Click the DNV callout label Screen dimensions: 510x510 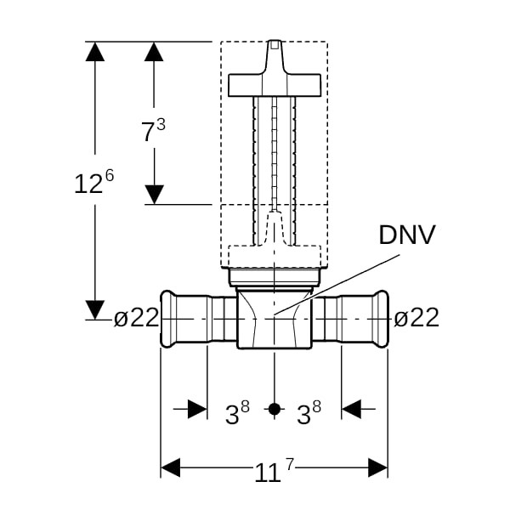(406, 235)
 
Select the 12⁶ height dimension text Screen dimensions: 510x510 (94, 182)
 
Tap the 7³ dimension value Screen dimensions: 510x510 (153, 130)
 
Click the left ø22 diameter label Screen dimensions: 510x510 (136, 317)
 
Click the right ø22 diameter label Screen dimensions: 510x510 (416, 317)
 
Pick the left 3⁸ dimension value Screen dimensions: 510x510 (237, 412)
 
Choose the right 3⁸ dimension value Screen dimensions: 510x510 (309, 412)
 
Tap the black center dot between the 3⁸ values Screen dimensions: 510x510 (275, 409)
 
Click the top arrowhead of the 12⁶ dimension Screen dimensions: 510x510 (95, 51)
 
